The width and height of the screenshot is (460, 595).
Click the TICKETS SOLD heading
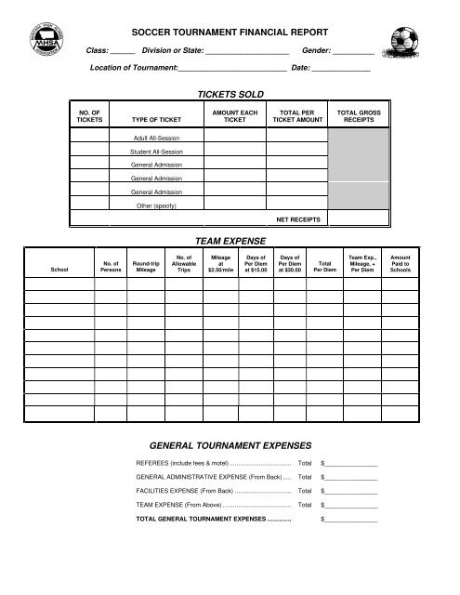coord(230,95)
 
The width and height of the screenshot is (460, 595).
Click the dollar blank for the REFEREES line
coord(350,463)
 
